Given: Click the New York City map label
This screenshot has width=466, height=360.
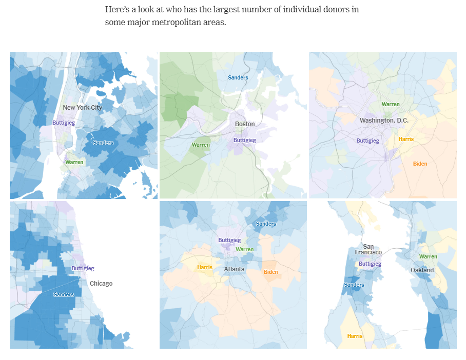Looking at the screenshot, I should pyautogui.click(x=82, y=108).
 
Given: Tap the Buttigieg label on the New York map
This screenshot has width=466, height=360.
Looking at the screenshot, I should pyautogui.click(x=63, y=123).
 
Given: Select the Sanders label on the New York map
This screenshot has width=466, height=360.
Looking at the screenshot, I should pyautogui.click(x=103, y=143).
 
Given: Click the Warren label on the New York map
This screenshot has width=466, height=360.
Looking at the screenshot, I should pyautogui.click(x=74, y=162).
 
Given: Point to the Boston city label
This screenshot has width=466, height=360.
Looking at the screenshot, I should pyautogui.click(x=244, y=124).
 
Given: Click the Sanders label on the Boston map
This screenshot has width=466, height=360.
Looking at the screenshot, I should pyautogui.click(x=238, y=78).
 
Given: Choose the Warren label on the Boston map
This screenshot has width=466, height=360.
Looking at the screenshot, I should pyautogui.click(x=200, y=145).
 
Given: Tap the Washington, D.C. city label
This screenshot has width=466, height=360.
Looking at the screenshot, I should pyautogui.click(x=383, y=121).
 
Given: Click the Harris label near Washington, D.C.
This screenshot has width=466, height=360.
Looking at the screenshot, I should pyautogui.click(x=405, y=139).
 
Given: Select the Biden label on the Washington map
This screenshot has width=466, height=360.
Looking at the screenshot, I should pyautogui.click(x=420, y=164).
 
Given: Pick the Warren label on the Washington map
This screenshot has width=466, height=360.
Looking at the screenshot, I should pyautogui.click(x=390, y=105).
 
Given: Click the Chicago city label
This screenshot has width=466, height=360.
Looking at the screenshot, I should pyautogui.click(x=101, y=284).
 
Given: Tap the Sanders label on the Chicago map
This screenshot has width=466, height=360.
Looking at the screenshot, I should pyautogui.click(x=63, y=294).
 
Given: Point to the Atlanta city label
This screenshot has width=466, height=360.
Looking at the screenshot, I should pyautogui.click(x=234, y=269).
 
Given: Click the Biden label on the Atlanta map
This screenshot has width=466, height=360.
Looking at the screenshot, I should pyautogui.click(x=270, y=272).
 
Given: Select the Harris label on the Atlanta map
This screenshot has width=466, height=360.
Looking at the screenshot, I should pyautogui.click(x=204, y=267).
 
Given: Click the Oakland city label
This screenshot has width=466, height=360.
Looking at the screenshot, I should pyautogui.click(x=422, y=270).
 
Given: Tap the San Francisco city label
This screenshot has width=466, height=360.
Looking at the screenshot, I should pyautogui.click(x=368, y=249).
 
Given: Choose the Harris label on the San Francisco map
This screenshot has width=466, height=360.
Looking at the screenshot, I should pyautogui.click(x=354, y=336).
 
